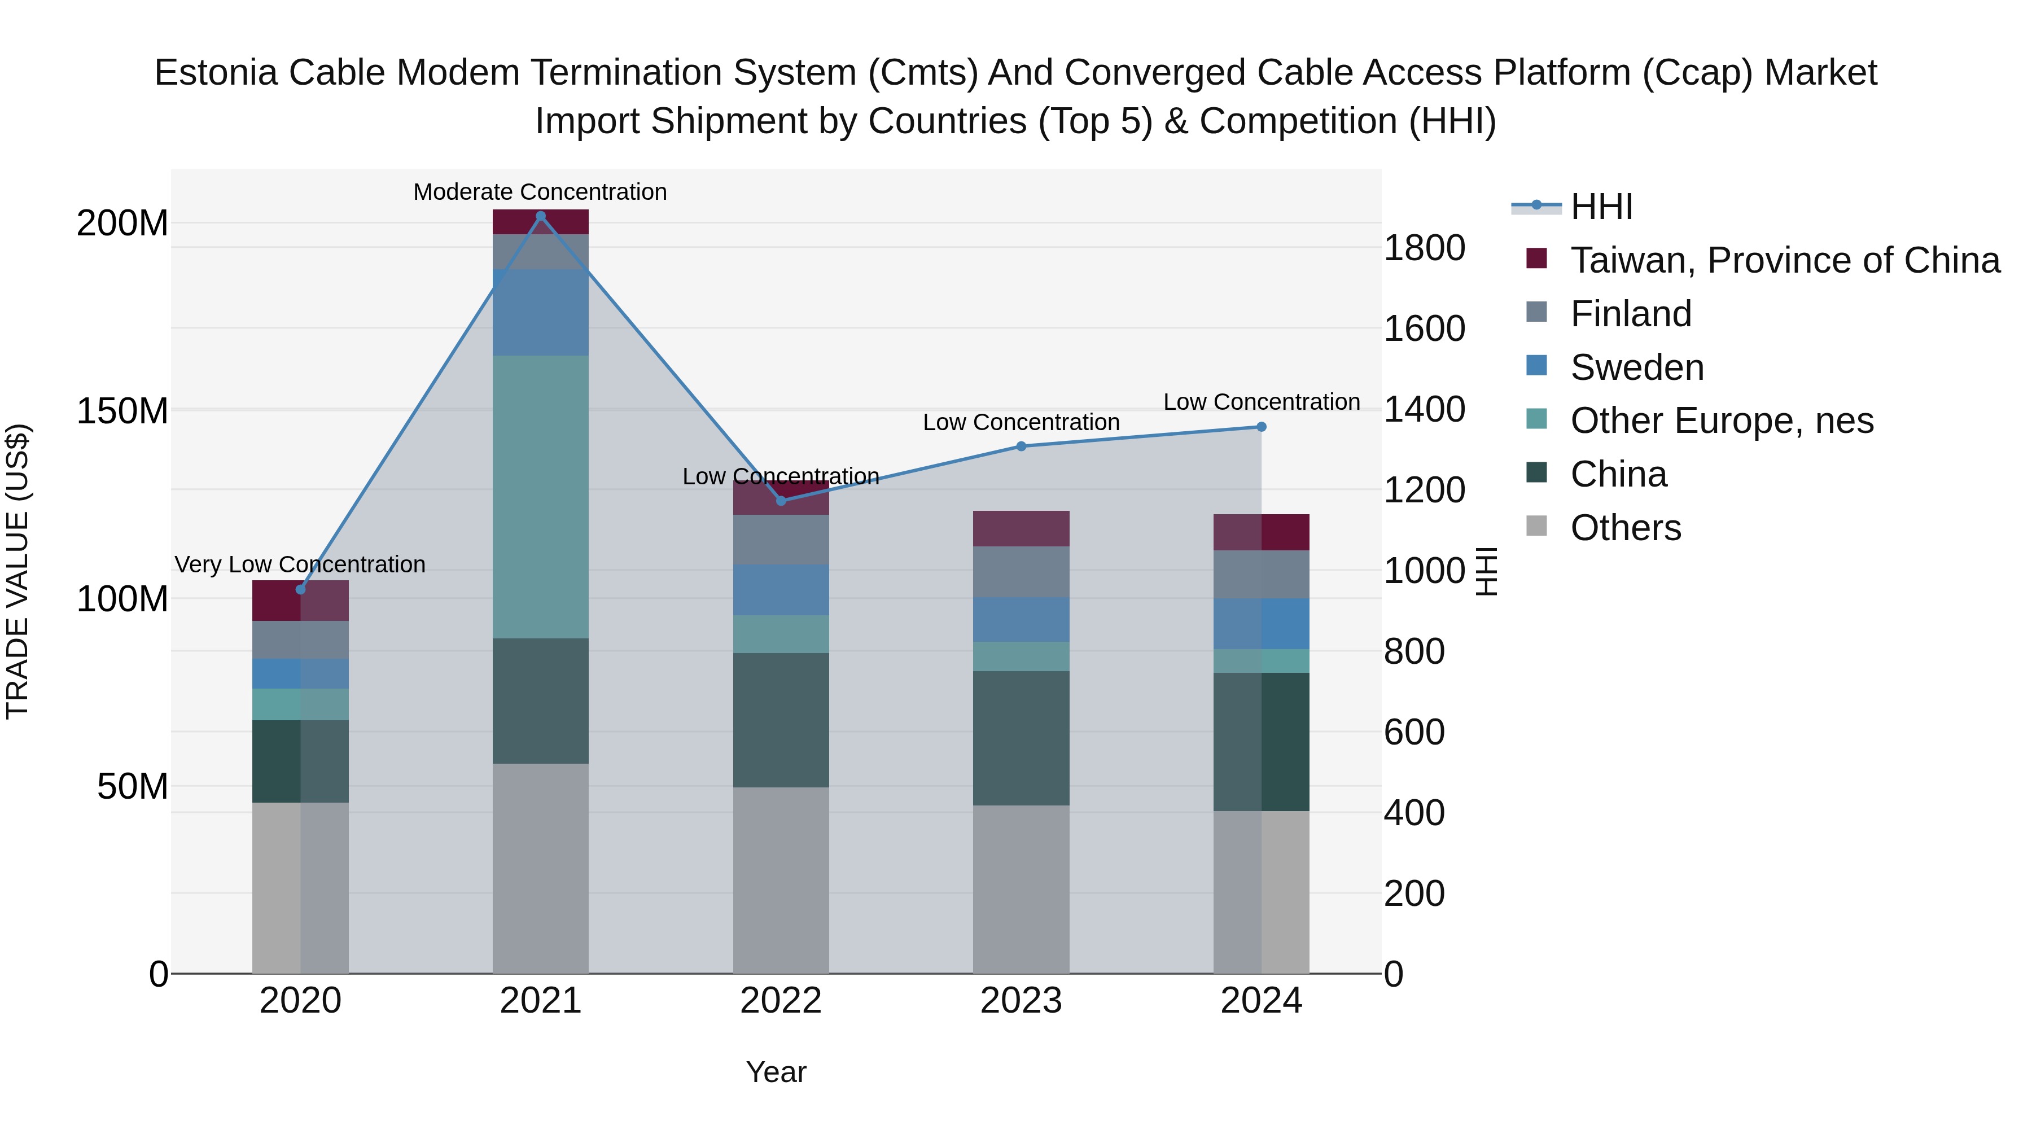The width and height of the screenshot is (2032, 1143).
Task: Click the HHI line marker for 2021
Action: coord(540,216)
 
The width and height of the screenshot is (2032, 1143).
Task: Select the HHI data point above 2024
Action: coord(1262,427)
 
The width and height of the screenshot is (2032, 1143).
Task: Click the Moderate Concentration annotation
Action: coord(540,192)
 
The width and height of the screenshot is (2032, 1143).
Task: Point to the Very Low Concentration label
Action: coord(300,565)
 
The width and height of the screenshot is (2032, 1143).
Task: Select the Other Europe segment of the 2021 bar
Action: coord(540,497)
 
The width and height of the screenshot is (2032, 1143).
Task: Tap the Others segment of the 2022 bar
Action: coord(781,879)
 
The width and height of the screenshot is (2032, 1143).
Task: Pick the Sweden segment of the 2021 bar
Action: coord(540,312)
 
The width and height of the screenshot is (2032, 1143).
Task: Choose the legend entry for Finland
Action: coord(1631,314)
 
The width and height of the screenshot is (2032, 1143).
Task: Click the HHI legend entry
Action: coord(1601,207)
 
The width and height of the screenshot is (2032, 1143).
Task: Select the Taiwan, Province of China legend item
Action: coord(1784,260)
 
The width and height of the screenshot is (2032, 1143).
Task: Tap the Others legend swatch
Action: coord(1536,526)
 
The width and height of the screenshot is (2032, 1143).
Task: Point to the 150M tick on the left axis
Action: coord(122,411)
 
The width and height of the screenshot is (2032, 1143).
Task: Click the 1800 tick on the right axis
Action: coord(1425,248)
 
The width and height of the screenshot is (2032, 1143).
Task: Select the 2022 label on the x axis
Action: coord(781,1001)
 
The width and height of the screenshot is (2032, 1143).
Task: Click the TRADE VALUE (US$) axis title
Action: coord(17,571)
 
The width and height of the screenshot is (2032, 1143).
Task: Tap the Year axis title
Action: coord(776,1072)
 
